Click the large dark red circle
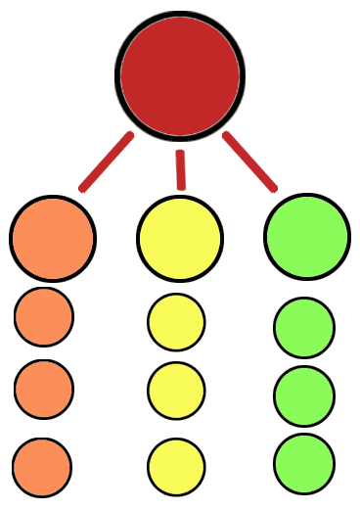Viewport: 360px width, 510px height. (180, 74)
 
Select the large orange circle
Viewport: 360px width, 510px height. (53, 238)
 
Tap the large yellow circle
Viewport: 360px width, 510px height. (180, 238)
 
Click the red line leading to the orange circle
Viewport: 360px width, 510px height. (106, 162)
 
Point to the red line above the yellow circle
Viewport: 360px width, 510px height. (180, 169)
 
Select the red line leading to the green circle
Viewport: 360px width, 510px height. (250, 162)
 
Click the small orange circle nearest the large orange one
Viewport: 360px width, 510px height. (44, 316)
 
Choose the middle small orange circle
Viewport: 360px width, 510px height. (44, 389)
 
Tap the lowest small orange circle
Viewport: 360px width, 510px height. (42, 466)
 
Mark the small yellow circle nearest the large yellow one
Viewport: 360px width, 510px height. (176, 322)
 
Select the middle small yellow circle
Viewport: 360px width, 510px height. (176, 391)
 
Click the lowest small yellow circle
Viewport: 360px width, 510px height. (176, 466)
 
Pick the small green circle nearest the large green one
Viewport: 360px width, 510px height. (304, 327)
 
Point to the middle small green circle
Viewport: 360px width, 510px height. (304, 395)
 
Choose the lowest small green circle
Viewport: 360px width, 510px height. (304, 463)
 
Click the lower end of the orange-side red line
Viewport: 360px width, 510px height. (83, 188)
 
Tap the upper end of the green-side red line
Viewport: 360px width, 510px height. (227, 135)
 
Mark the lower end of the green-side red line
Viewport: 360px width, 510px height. (274, 188)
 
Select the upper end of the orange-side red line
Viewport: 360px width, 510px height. (129, 136)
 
